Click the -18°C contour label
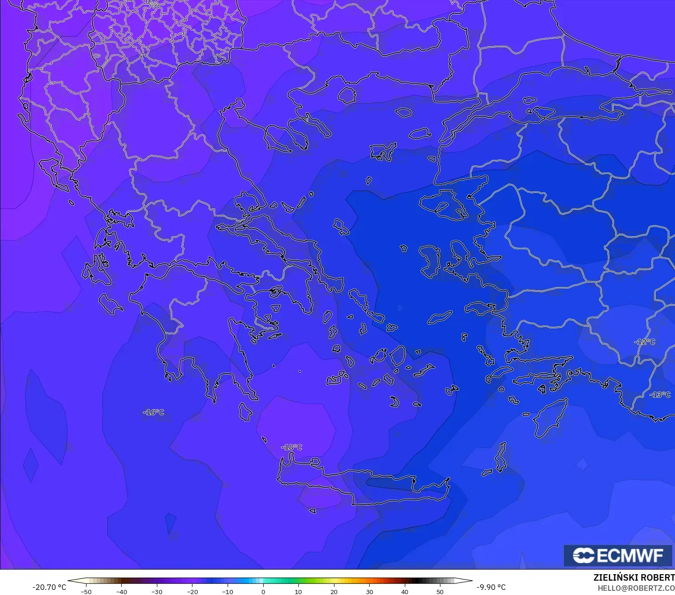coord(291,447)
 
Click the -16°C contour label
coord(154,412)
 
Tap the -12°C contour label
coord(645,342)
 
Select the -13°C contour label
coord(659,394)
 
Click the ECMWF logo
coord(618,555)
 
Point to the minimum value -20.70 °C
coord(49,587)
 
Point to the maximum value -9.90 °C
coord(491,587)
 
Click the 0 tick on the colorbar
coord(263,591)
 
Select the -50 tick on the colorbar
coord(86,591)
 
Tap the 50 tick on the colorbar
coord(440,591)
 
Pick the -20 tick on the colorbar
coord(192,591)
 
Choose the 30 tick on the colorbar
coord(369,591)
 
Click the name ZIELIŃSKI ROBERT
coord(634,577)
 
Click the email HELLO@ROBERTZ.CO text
coord(636,588)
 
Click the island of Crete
coord(361,485)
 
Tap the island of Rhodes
coord(551,418)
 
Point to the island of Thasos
coord(347,96)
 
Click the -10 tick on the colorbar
coord(228,591)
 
